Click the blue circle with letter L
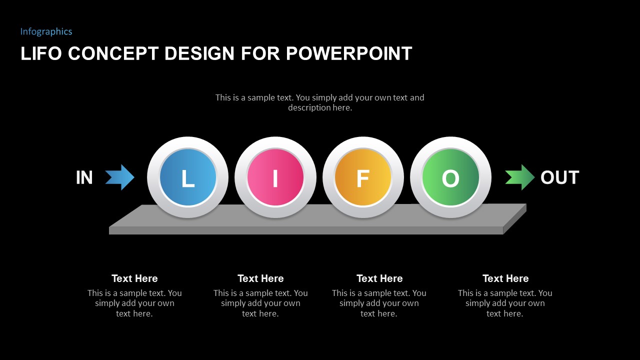pyautogui.click(x=187, y=177)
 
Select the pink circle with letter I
pyautogui.click(x=275, y=177)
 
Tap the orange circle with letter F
pyautogui.click(x=363, y=177)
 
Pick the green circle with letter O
pyautogui.click(x=450, y=177)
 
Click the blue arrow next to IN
pyautogui.click(x=120, y=177)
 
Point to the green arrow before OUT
pyautogui.click(x=520, y=177)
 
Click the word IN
pyautogui.click(x=84, y=177)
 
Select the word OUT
pyautogui.click(x=559, y=177)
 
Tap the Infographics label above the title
pyautogui.click(x=46, y=31)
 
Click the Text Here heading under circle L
pyautogui.click(x=134, y=278)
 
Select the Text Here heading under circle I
pyautogui.click(x=260, y=278)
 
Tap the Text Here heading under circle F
pyautogui.click(x=379, y=278)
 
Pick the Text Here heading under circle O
pyautogui.click(x=505, y=278)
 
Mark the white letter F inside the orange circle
pyautogui.click(x=362, y=178)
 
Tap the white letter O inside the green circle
pyautogui.click(x=450, y=178)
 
